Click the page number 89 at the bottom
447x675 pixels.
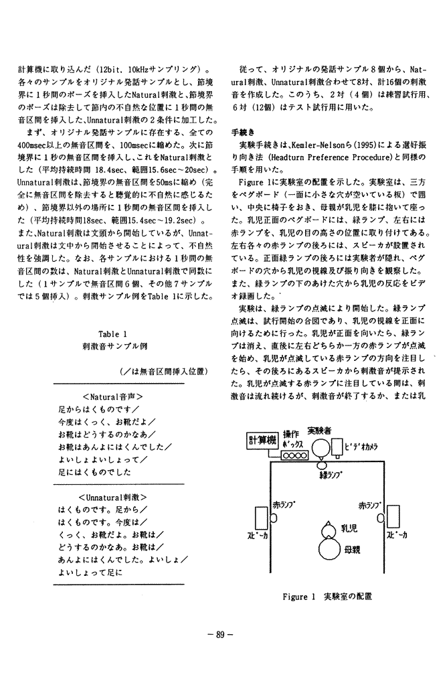pyautogui.click(x=223, y=635)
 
